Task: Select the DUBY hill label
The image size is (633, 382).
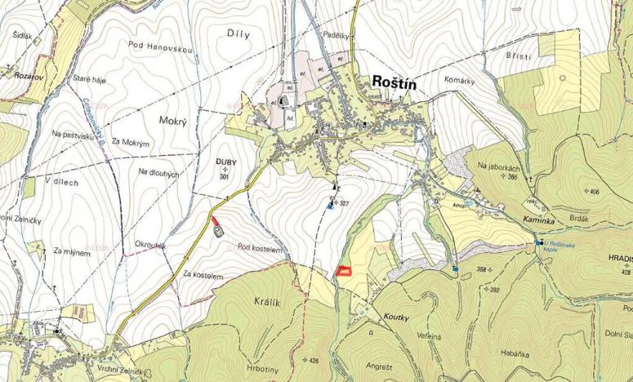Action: tap(225, 162)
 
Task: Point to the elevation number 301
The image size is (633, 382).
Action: tap(225, 177)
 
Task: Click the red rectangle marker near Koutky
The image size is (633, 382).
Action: tap(344, 270)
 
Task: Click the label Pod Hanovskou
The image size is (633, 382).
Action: tap(160, 49)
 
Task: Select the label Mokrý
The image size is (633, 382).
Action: tap(174, 121)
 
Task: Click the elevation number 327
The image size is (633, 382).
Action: tap(344, 203)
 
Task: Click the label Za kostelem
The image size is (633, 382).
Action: tap(203, 276)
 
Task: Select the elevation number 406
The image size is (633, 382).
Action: tap(592, 191)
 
